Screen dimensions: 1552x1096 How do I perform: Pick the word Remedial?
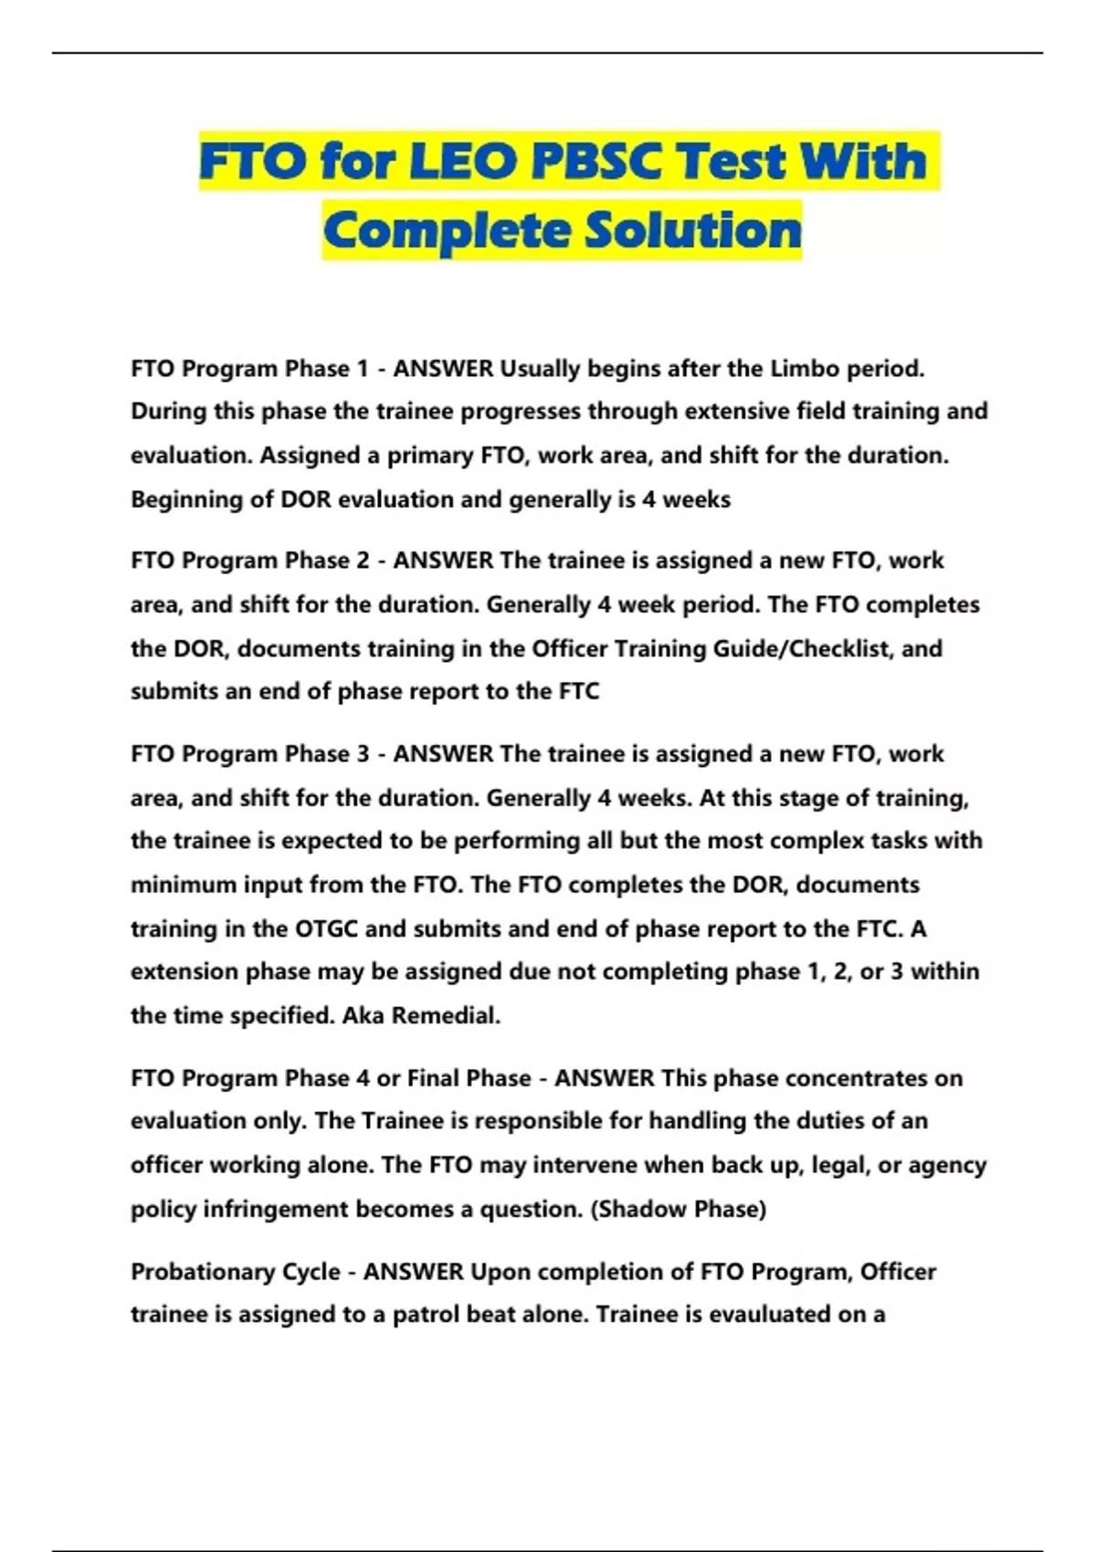pyautogui.click(x=446, y=1015)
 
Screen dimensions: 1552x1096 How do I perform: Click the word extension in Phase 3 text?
pyautogui.click(x=187, y=971)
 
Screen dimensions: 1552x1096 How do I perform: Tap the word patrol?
pyautogui.click(x=426, y=1315)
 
